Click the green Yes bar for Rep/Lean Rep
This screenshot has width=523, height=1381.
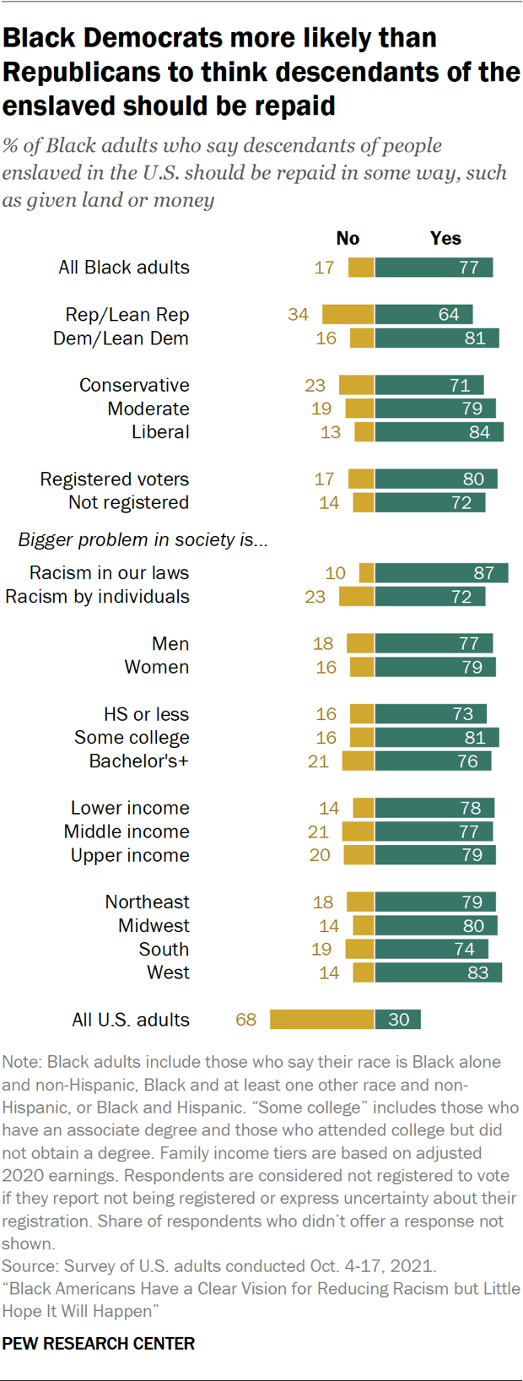tap(423, 315)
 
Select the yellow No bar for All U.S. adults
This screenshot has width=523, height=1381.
tap(321, 1020)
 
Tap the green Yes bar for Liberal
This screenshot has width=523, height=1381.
tap(439, 432)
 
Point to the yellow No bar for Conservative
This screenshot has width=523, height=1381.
tap(356, 385)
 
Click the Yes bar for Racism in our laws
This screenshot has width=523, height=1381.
tap(441, 573)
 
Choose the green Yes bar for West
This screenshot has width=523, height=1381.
tap(438, 972)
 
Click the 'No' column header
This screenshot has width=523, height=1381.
tap(348, 239)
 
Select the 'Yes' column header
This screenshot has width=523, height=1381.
tap(445, 239)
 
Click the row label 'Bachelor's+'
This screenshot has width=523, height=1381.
tap(138, 761)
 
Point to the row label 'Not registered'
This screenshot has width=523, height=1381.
tap(128, 503)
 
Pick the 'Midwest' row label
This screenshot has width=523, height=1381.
tap(154, 926)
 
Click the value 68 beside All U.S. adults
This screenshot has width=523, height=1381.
tap(245, 1020)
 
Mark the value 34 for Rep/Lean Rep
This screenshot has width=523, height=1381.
tap(298, 315)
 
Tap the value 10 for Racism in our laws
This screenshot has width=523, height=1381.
tap(335, 573)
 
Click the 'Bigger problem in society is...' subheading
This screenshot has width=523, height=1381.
tap(143, 540)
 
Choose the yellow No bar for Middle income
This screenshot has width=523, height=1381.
tap(358, 832)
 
